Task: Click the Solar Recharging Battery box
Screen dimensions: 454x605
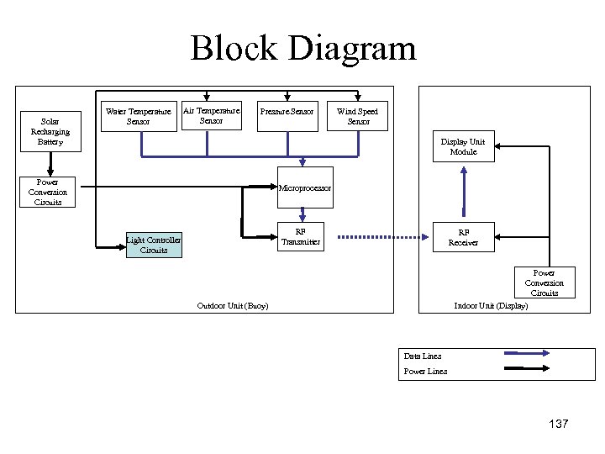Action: point(50,131)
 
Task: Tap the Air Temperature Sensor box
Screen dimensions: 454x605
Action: point(212,115)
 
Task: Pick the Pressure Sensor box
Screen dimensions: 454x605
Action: point(287,112)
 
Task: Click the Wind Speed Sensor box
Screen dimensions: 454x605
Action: point(357,116)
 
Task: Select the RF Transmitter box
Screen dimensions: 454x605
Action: point(300,237)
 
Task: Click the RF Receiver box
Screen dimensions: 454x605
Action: point(463,237)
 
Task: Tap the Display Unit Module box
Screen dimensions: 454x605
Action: point(463,146)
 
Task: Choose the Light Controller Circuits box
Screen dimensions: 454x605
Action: point(154,245)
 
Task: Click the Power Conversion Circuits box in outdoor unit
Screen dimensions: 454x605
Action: point(48,192)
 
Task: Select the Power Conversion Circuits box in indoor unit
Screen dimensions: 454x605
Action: point(544,282)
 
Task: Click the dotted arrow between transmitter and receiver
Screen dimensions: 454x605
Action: point(378,236)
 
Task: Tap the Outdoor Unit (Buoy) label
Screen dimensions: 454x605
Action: point(232,305)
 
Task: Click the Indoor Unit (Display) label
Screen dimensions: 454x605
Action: point(491,305)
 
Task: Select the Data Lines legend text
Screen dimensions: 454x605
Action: point(422,356)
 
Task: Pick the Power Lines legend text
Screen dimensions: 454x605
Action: point(425,371)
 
